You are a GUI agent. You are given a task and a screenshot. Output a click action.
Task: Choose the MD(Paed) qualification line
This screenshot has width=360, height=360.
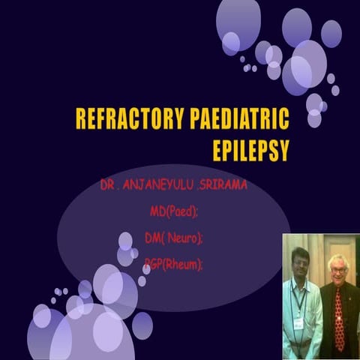[x=173, y=211]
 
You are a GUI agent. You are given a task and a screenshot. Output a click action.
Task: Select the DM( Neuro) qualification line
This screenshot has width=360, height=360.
[x=173, y=238]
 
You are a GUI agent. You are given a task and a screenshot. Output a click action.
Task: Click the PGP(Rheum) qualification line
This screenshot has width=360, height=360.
[x=173, y=264]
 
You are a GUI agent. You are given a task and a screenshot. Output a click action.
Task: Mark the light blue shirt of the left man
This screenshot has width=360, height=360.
[x=304, y=315]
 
